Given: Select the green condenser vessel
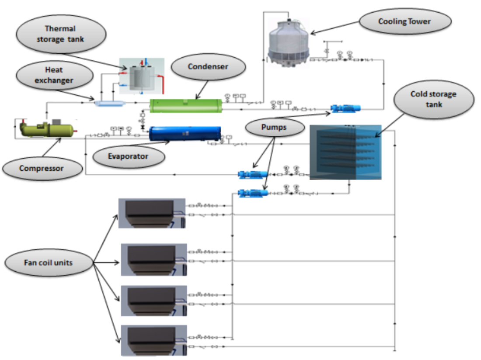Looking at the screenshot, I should (x=185, y=105).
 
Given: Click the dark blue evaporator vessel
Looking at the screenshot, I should (x=185, y=133).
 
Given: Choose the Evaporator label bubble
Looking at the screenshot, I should (x=128, y=156).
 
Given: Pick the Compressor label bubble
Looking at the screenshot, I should (x=42, y=168).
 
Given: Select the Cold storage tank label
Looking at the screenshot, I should (x=433, y=99).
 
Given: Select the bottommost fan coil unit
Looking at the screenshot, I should (x=153, y=340).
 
